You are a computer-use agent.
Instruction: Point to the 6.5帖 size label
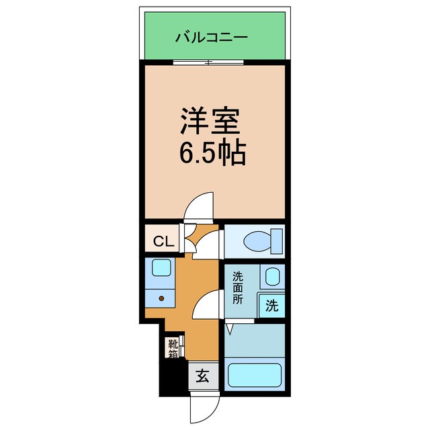[211, 155]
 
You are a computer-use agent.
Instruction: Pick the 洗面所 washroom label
[238, 288]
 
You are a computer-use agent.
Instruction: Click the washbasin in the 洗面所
[272, 276]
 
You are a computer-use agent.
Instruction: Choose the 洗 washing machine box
[271, 306]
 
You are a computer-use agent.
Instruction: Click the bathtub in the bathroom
[255, 375]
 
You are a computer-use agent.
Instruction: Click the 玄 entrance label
[202, 376]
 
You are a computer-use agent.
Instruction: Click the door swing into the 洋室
[199, 206]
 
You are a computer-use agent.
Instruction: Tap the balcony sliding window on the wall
[208, 62]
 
